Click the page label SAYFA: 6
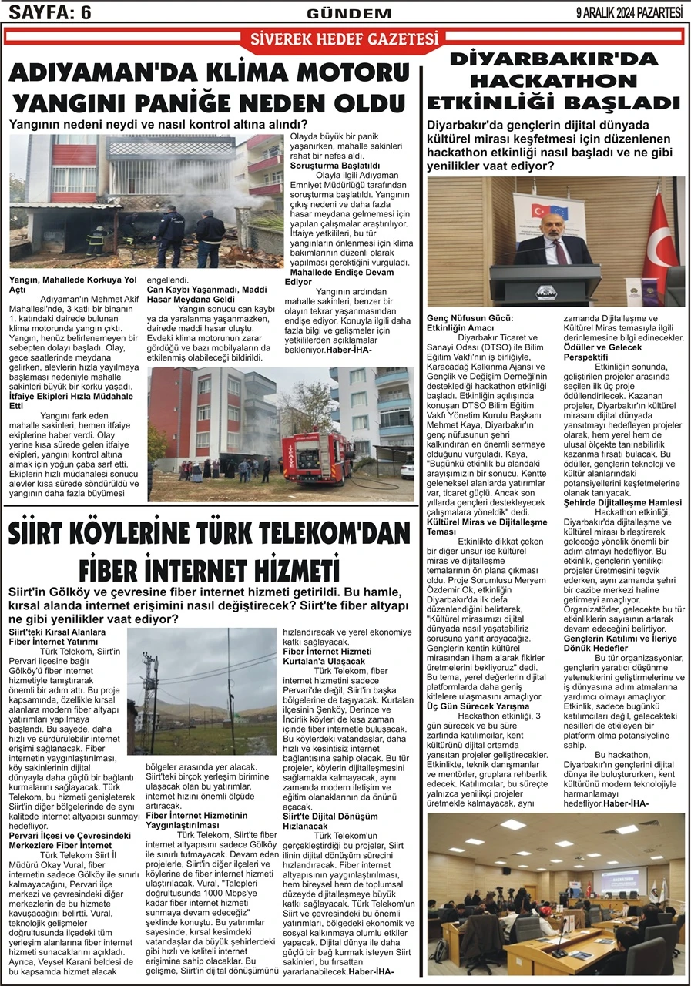coord(50,13)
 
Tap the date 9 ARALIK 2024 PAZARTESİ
coord(629,13)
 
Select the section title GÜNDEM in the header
coord(338,14)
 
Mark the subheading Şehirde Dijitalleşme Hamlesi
coord(622,502)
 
